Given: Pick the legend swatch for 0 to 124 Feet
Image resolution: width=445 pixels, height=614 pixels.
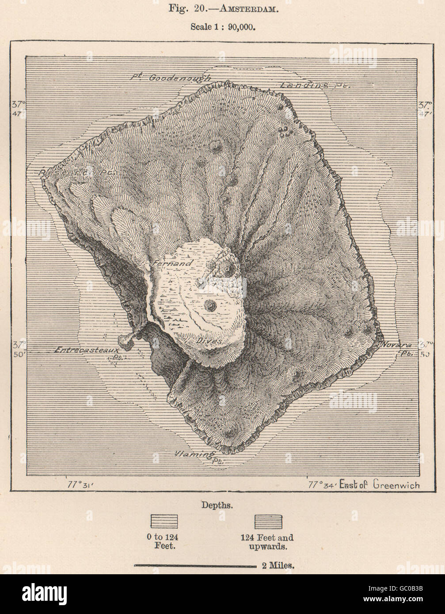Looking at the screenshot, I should (164, 522).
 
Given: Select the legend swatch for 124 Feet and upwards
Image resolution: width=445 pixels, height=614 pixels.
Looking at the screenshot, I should (268, 522).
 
